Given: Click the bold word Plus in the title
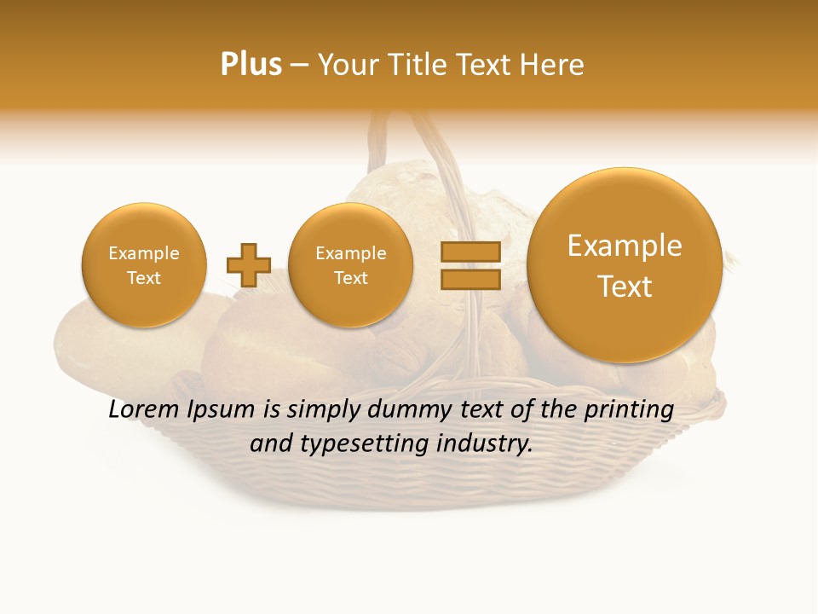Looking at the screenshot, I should click(x=251, y=65).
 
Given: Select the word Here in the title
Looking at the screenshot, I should click(x=554, y=65).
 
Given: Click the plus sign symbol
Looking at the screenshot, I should click(x=249, y=265).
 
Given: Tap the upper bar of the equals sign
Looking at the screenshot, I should click(x=469, y=252).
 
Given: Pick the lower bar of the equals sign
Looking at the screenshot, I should click(x=469, y=279).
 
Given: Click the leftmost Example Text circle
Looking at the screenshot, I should click(x=144, y=265).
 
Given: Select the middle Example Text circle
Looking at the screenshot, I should click(x=351, y=265).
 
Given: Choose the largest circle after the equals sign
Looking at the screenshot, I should click(x=625, y=265).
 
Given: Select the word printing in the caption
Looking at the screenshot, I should click(x=628, y=410).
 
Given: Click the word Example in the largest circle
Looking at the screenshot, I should click(x=625, y=246).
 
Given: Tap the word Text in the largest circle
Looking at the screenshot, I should click(x=625, y=287).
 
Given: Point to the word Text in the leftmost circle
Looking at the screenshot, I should click(x=144, y=278).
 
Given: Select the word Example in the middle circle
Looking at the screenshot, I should click(x=351, y=253).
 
